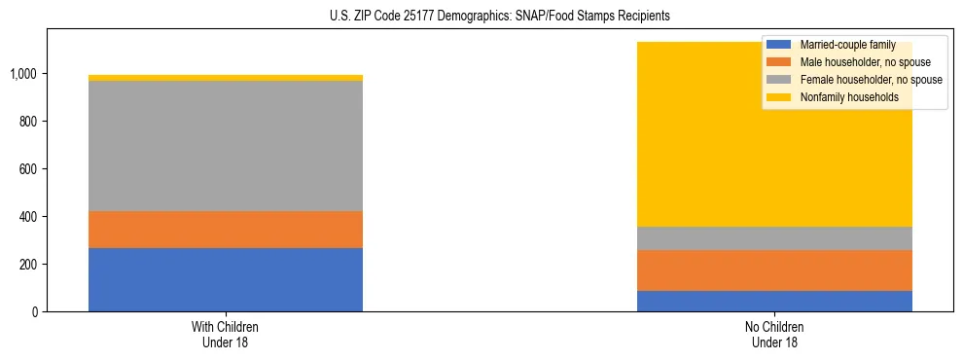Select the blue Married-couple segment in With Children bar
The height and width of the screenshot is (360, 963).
click(x=226, y=279)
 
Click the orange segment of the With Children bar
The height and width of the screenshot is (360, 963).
click(x=226, y=230)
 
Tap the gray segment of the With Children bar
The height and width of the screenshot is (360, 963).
click(x=226, y=146)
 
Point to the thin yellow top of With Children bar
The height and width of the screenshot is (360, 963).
click(x=226, y=78)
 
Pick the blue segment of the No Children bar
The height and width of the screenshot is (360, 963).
click(x=774, y=301)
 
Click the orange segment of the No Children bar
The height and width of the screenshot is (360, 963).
click(x=774, y=270)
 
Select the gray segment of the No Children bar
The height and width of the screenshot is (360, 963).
click(x=774, y=238)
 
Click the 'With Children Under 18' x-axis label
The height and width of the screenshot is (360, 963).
click(x=226, y=334)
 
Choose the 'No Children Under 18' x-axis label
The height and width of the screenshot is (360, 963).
click(x=774, y=334)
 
